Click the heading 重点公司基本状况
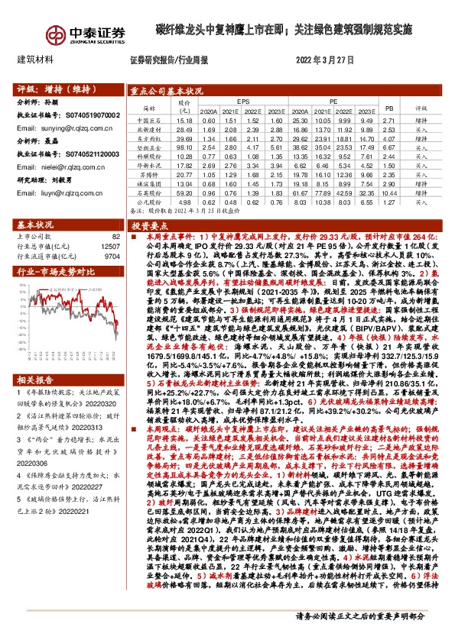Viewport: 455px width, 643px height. coord(166,89)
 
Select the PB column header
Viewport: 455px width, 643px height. coord(388,108)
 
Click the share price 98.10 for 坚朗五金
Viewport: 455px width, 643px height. coord(184,147)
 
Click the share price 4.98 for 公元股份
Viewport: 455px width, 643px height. coord(184,203)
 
